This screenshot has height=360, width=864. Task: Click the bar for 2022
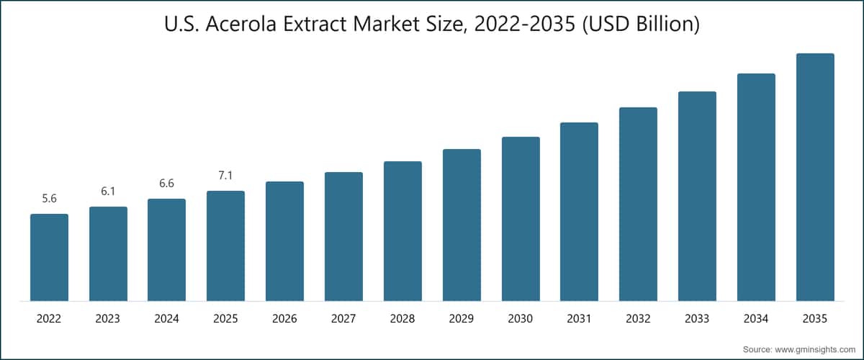[x=49, y=257]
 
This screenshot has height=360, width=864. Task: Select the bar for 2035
[x=815, y=177]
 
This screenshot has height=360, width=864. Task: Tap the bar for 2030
[x=521, y=219]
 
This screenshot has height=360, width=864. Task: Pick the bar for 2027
[x=343, y=236]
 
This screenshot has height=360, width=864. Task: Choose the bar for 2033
[x=697, y=196]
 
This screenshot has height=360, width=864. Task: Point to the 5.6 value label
[x=49, y=199]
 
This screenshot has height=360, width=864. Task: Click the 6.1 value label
[x=108, y=192]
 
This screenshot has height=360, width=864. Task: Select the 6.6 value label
[x=166, y=184]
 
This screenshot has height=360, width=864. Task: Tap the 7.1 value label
[x=225, y=176]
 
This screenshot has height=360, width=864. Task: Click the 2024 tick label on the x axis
[x=166, y=318]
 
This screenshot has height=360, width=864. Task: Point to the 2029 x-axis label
[x=462, y=318]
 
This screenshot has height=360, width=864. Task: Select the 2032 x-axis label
[x=638, y=318]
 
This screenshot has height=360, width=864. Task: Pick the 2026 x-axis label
[x=284, y=318]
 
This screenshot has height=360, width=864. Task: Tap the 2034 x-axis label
[x=756, y=318]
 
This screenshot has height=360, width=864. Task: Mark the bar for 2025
[x=225, y=246]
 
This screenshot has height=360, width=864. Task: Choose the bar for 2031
[x=579, y=212]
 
